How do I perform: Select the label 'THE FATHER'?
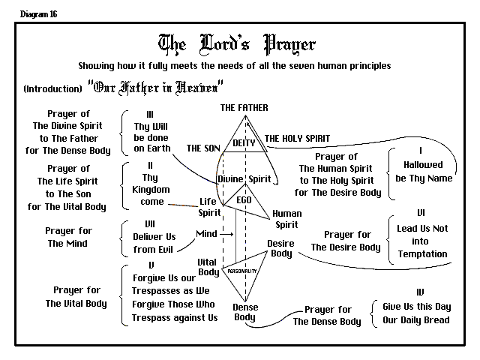[244, 108]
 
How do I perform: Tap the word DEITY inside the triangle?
[244, 142]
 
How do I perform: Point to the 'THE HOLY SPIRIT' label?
[296, 139]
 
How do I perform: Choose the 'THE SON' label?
[204, 148]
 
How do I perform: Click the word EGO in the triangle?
[244, 200]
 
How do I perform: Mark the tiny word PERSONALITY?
[242, 271]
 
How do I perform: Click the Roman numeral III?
[150, 115]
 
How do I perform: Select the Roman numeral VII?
[150, 223]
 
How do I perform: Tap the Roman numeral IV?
[419, 292]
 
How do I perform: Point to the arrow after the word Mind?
[227, 234]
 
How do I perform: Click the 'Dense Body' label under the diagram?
[245, 312]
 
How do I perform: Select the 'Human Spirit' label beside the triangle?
[286, 219]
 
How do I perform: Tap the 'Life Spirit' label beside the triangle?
[209, 207]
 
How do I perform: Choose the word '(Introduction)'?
[52, 89]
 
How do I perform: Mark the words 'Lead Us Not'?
[421, 229]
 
